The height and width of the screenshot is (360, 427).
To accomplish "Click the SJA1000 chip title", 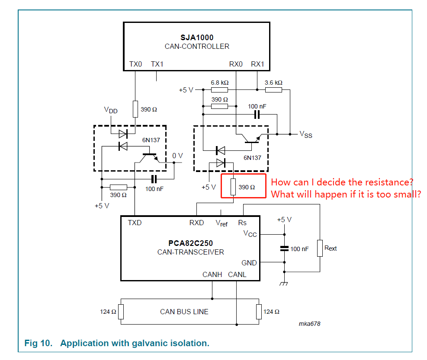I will [x=197, y=38].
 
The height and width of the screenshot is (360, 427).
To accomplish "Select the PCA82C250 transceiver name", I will [x=191, y=243].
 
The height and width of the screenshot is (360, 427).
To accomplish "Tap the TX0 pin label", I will [x=135, y=64].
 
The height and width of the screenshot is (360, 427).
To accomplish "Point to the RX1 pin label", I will [x=257, y=64].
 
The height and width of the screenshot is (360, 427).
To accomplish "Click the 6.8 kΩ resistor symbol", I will [x=219, y=90].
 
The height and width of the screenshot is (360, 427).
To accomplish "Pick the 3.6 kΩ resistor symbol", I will [x=273, y=90].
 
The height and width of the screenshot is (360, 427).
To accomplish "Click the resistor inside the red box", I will [x=233, y=187].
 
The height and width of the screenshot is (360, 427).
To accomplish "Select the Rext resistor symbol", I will [x=320, y=248].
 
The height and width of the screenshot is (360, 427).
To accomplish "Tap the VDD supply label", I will [x=110, y=110].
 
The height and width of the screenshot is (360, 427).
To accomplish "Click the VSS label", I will [x=305, y=135].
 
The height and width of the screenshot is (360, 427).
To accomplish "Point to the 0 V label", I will [x=177, y=156].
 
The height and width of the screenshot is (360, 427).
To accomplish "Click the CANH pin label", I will [x=212, y=274].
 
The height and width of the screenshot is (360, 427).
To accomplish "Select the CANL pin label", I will [x=237, y=274].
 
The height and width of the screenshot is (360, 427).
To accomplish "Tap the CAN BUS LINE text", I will [x=184, y=312].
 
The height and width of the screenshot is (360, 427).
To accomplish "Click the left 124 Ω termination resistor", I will [x=121, y=311].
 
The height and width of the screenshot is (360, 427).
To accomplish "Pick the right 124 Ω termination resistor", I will [x=259, y=311].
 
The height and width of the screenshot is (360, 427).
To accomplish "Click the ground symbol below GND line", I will [x=284, y=284].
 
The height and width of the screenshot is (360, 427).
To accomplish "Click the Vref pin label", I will [x=222, y=223].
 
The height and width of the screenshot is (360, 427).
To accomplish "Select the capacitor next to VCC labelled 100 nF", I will [x=284, y=248].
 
